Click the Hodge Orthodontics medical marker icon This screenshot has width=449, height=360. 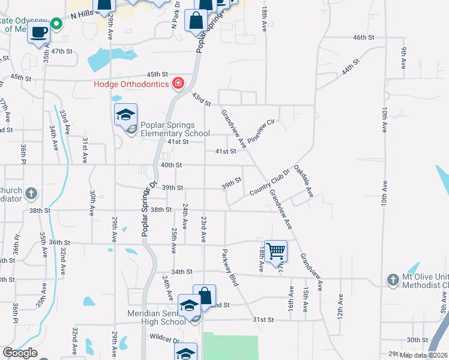point(178,83)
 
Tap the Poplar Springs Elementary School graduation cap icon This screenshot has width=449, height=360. point(126,114)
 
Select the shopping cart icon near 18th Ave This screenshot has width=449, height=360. point(276,251)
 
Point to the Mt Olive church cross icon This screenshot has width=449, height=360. point(392,280)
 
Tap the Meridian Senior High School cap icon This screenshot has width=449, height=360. point(189,306)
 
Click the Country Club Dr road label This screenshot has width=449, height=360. point(270,182)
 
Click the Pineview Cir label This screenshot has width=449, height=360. point(265,131)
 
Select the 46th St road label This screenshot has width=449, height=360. point(364,37)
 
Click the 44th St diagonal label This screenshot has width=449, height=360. point(351,65)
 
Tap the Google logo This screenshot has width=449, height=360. point(20,353)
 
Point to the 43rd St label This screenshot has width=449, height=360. point(201,100)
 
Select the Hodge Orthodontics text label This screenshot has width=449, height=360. point(131,84)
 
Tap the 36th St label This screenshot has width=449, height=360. point(60,242)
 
